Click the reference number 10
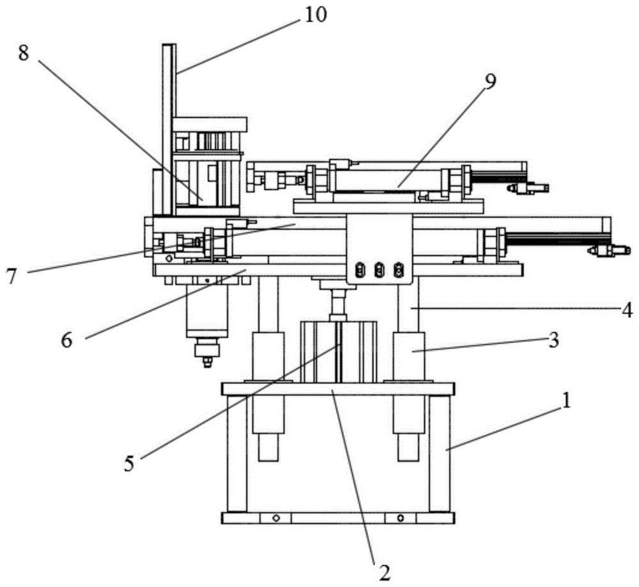pos(314,16)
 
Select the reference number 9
pos(490,82)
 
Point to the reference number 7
pos(11,277)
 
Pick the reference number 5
pos(129,464)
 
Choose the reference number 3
pos(553,340)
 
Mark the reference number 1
pos(566,400)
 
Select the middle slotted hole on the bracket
pos(380,270)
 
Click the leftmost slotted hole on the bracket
pos(360,270)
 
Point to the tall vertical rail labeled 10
pos(169,130)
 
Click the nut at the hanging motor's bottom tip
pos(208,362)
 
